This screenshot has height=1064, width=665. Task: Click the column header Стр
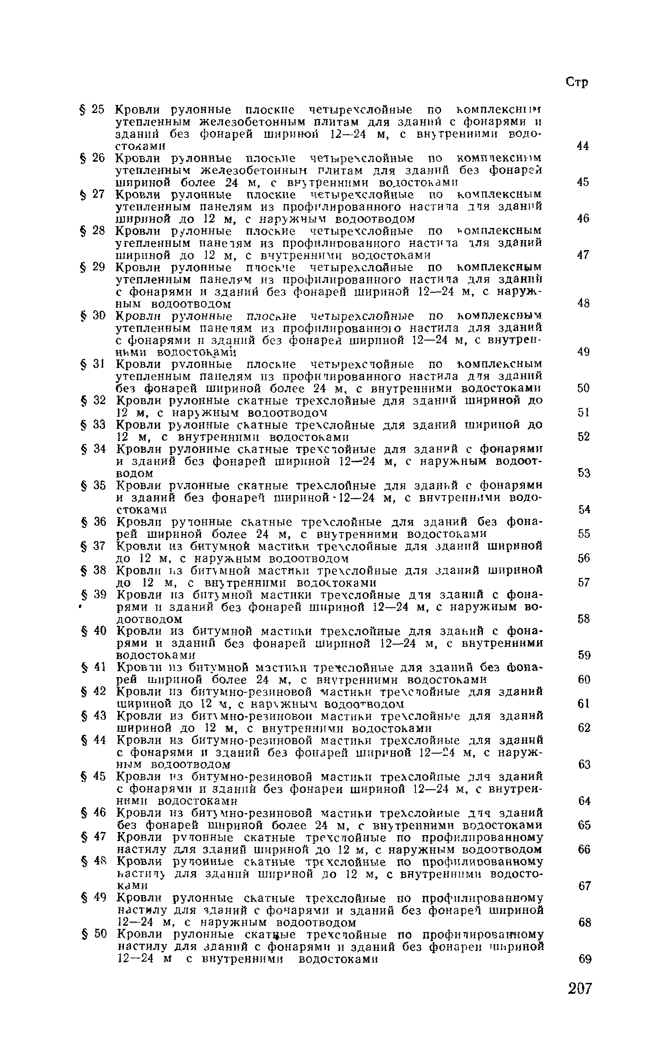coord(577,83)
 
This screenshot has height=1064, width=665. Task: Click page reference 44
coord(583,146)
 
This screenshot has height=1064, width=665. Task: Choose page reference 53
coord(584,473)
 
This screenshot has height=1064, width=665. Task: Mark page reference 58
coord(584,619)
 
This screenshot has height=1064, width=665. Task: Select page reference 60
coord(584,679)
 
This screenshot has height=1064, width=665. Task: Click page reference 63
coord(584,764)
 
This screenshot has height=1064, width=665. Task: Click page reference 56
coord(584,559)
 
